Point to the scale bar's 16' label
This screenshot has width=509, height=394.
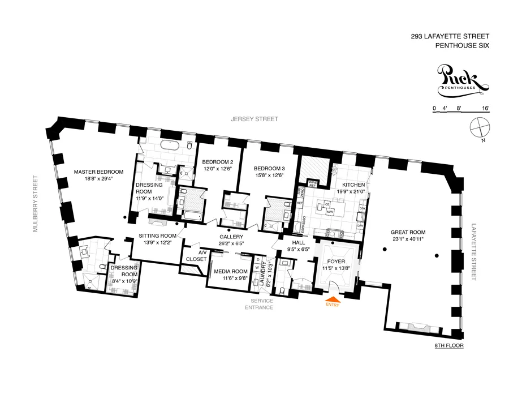coord(485,108)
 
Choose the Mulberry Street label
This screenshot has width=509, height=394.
coord(34,204)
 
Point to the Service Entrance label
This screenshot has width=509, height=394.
coord(259,304)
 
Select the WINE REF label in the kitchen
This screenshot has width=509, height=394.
coord(312,183)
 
